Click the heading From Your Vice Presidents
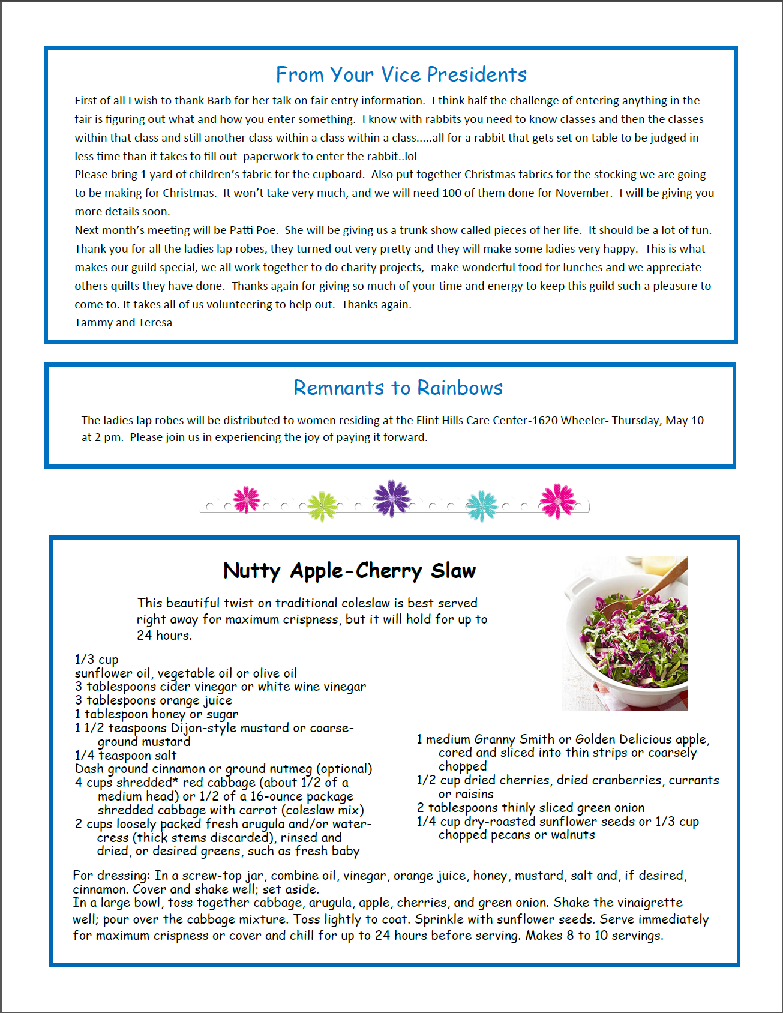[x=401, y=74]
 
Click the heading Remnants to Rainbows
[x=398, y=388]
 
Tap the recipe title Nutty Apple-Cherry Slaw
[x=349, y=570]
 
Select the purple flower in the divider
[x=392, y=499]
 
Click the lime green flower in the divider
[x=323, y=506]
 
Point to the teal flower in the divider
[x=482, y=505]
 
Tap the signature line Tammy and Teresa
[x=123, y=322]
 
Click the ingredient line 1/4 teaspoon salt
[x=125, y=755]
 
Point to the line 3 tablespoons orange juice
[x=153, y=700]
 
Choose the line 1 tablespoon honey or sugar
[x=156, y=714]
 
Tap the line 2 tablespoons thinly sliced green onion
[x=530, y=807]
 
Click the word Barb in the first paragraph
[x=219, y=100]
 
